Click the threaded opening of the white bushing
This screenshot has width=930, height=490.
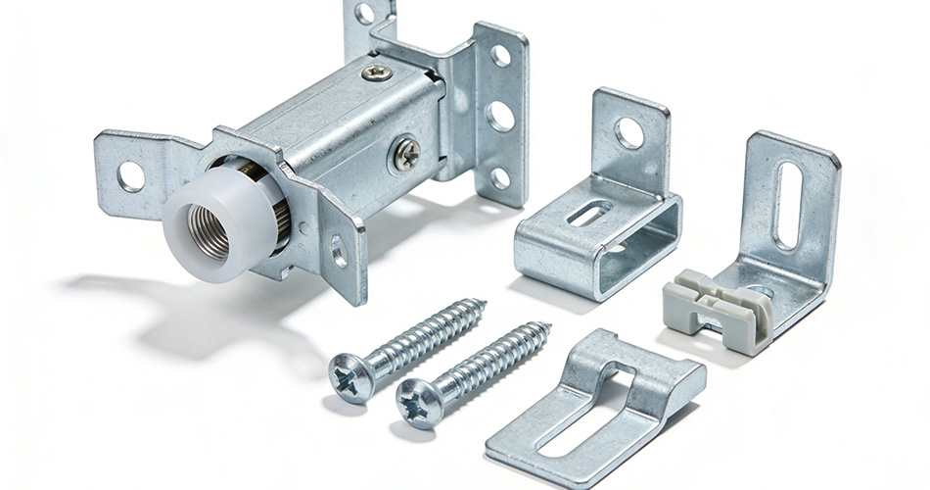pyautogui.click(x=209, y=232)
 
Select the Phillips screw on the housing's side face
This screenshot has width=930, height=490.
pyautogui.click(x=406, y=154)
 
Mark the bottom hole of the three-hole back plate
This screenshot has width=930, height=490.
pyautogui.click(x=500, y=177)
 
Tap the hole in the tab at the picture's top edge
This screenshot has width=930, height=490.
pyautogui.click(x=364, y=13)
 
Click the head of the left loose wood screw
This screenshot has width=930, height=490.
pyautogui.click(x=350, y=376)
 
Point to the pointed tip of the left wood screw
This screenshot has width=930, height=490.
pyautogui.click(x=483, y=303)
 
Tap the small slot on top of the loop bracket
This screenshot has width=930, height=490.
pyautogui.click(x=590, y=214)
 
